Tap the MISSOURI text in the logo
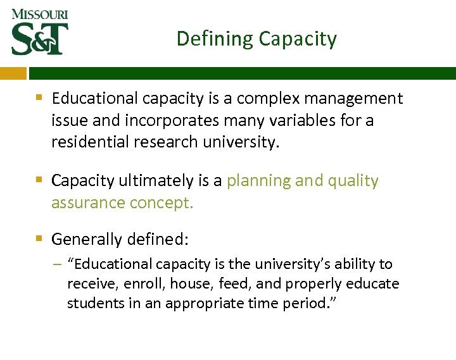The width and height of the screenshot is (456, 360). [39, 14]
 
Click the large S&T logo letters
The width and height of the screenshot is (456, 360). [40, 39]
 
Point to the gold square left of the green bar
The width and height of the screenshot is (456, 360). [13, 73]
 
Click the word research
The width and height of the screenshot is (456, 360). [166, 142]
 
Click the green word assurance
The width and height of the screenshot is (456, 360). [88, 203]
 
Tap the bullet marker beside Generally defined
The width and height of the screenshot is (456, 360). [39, 239]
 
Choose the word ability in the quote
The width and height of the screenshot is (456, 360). [357, 264]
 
